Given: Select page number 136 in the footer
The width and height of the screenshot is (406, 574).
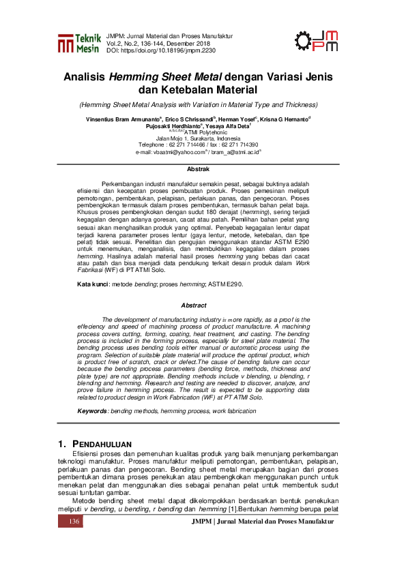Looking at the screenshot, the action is [x=74, y=522].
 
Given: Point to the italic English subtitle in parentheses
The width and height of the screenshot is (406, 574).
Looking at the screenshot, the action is [x=198, y=105].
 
